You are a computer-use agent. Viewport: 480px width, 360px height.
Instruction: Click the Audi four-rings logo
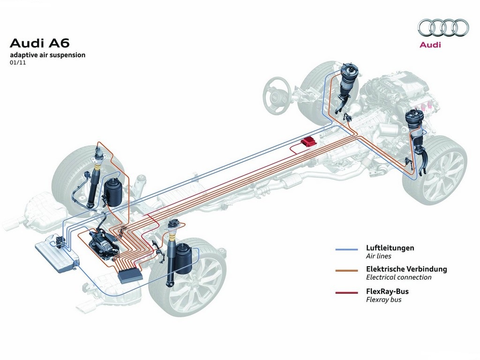[443, 28]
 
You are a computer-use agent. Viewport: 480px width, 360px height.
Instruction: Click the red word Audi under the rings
[430, 45]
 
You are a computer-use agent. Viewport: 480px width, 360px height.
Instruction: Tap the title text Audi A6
[40, 43]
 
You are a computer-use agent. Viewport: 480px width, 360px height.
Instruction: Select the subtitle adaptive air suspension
[48, 55]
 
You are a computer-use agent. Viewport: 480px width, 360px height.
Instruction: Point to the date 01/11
[18, 62]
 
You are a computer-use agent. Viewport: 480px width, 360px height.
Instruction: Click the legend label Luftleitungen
[390, 247]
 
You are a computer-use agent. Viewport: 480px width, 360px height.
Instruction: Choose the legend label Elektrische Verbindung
[406, 269]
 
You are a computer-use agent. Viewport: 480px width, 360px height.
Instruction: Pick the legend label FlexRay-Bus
[387, 291]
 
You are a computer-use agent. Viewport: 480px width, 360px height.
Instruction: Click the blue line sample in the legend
[346, 249]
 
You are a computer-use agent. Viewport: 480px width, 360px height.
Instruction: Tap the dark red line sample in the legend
[346, 292]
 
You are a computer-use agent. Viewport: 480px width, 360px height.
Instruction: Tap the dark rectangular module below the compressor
[130, 275]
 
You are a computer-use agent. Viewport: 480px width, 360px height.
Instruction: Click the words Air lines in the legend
[378, 256]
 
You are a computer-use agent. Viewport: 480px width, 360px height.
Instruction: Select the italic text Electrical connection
[398, 277]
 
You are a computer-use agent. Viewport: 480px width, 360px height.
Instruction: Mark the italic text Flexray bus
[383, 300]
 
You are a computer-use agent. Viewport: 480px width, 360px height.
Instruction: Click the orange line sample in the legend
[346, 270]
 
